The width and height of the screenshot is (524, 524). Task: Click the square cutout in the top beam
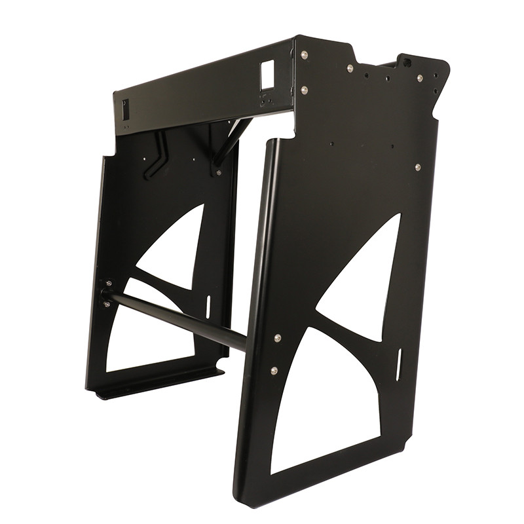tap(267, 69)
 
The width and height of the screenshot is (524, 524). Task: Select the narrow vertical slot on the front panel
tap(398, 364)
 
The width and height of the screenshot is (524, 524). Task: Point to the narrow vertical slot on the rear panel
tap(208, 306)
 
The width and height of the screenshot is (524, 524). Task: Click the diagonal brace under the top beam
tap(229, 141)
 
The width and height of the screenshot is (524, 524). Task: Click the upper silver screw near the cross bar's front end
tap(278, 338)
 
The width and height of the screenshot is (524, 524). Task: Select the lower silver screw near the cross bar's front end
tap(274, 371)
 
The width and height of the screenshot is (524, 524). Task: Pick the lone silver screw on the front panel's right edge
tap(417, 168)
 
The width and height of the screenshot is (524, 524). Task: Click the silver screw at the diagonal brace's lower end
tap(218, 172)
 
